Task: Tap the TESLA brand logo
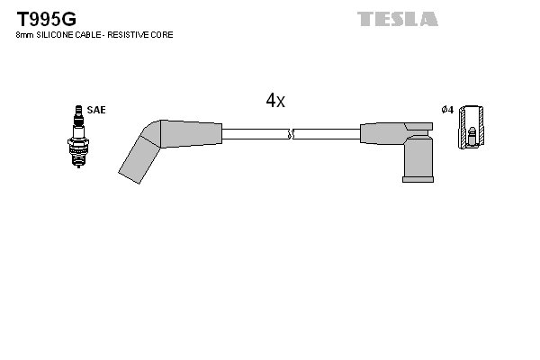tap(397, 19)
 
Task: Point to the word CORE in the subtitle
tap(163, 35)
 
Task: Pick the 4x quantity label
tap(275, 101)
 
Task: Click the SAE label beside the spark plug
tap(96, 110)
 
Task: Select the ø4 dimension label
tap(447, 110)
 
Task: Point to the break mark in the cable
tap(290, 134)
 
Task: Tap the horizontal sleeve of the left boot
tap(192, 134)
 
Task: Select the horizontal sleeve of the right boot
tap(382, 133)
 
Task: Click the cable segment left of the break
tap(255, 134)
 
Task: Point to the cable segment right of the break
tap(326, 134)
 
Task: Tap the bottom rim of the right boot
tap(418, 179)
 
